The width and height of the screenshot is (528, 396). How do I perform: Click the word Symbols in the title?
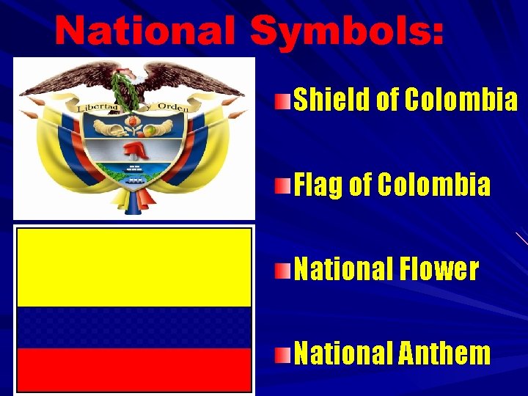[346, 31]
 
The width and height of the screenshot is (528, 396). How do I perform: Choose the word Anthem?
[444, 353]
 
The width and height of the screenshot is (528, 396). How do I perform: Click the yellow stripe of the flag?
[134, 267]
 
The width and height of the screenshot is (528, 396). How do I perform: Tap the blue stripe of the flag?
[134, 327]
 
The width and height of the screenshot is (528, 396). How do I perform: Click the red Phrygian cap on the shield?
[135, 150]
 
